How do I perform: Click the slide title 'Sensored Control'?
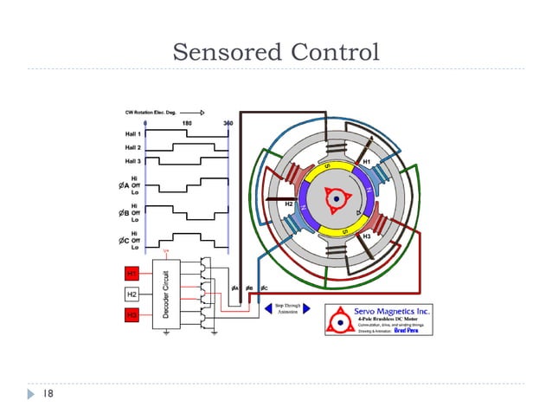[276, 51]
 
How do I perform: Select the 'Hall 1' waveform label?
[132, 134]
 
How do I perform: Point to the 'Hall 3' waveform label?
[132, 161]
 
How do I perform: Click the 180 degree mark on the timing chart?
[186, 124]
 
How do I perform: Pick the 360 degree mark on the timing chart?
[228, 124]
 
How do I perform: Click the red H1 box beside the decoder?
[132, 274]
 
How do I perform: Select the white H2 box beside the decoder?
[132, 294]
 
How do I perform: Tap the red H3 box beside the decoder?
[132, 315]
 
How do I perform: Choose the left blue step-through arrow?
[267, 308]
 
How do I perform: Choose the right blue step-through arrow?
[306, 308]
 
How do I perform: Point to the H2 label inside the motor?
[290, 204]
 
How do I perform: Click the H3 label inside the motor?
[367, 236]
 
